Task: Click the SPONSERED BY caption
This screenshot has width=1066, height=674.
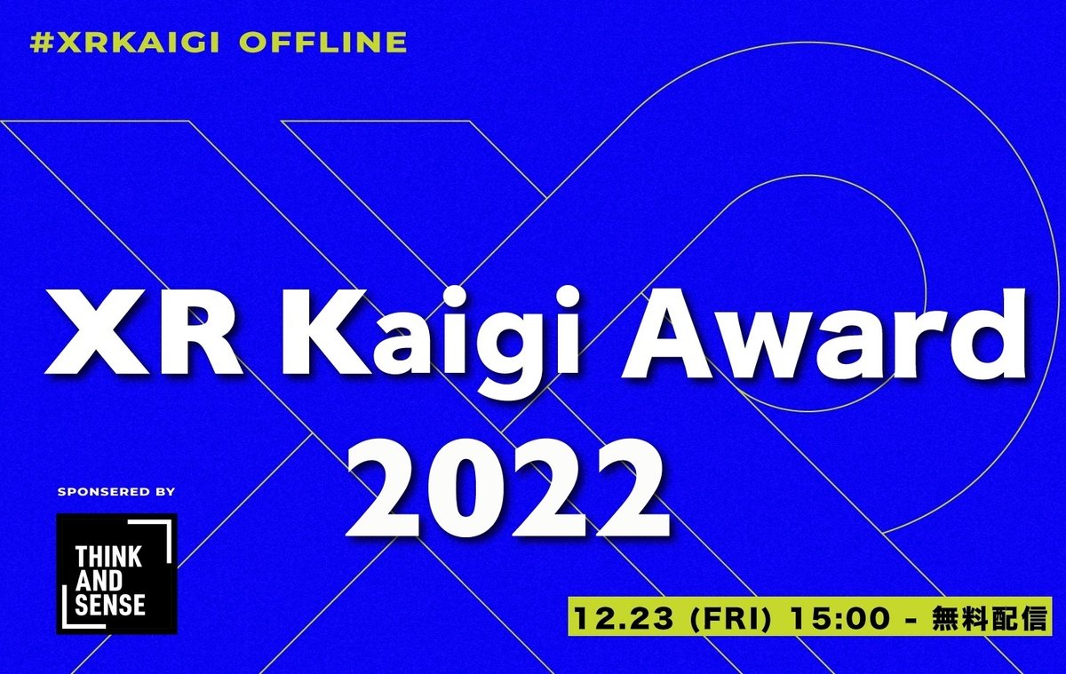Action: click(115, 491)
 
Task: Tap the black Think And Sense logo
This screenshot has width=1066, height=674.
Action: click(116, 573)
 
